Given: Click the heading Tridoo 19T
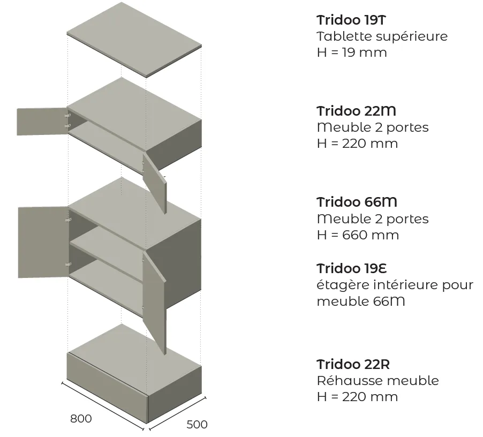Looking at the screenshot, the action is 351,20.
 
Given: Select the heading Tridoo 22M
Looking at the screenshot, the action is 356,111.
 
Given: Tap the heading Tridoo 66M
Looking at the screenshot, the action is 357,202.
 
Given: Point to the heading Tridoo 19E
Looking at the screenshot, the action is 351,268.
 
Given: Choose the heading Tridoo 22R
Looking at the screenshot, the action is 353,364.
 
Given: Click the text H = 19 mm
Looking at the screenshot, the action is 351,52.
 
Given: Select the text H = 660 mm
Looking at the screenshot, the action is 358,235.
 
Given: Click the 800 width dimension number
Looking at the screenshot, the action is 81,418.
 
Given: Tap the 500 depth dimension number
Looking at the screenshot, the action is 197,424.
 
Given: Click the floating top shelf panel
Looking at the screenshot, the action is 134,40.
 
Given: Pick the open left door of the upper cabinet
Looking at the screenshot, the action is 42,122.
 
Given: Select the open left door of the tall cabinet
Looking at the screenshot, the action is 43,243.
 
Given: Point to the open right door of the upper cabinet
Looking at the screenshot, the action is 155,182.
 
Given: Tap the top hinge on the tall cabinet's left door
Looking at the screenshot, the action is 69,220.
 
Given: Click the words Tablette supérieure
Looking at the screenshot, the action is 382,36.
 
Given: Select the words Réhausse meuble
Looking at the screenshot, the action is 378,381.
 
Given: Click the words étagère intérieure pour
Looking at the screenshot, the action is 395,285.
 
